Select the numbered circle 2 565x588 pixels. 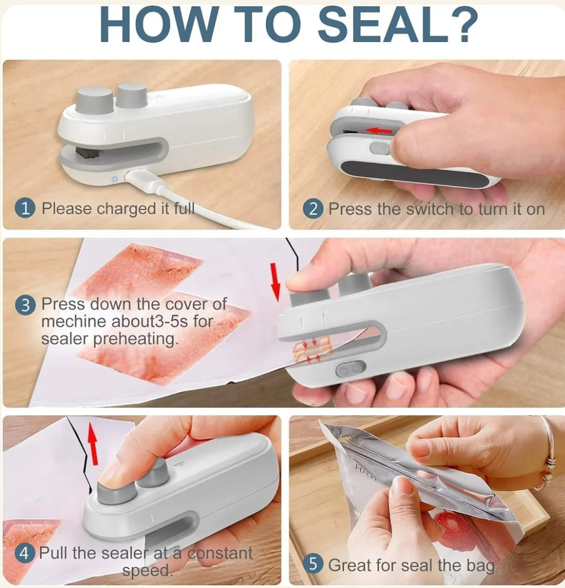[313, 209]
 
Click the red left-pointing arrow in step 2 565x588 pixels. [379, 130]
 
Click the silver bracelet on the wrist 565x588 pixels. [549, 456]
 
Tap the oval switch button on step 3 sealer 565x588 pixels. [350, 369]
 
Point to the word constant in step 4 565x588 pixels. [220, 554]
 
